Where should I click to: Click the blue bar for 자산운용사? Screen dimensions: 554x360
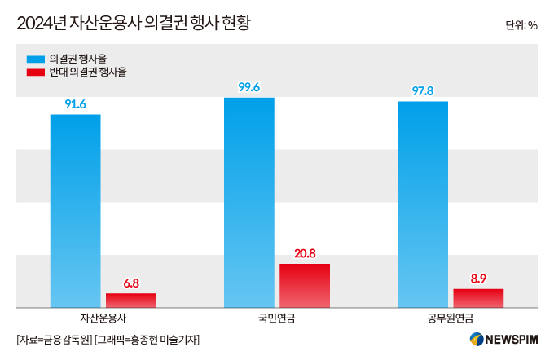pyautogui.click(x=75, y=211)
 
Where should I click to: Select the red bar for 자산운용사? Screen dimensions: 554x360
pyautogui.click(x=131, y=301)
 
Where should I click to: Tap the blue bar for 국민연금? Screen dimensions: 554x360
pyautogui.click(x=249, y=203)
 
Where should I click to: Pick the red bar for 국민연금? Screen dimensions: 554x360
pyautogui.click(x=305, y=286)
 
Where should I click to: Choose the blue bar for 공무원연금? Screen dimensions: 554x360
pyautogui.click(x=423, y=204)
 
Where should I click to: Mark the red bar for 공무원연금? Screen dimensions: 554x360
pyautogui.click(x=478, y=298)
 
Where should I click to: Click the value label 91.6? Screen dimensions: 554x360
pyautogui.click(x=75, y=104)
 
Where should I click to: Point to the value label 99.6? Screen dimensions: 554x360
pyautogui.click(x=249, y=87)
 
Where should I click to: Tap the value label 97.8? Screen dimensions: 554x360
pyautogui.click(x=423, y=91)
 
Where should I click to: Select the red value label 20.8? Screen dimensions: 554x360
pyautogui.click(x=305, y=253)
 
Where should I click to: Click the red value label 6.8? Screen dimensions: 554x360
pyautogui.click(x=131, y=283)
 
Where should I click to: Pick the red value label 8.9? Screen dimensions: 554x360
pyautogui.click(x=478, y=279)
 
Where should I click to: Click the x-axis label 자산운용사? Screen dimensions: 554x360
pyautogui.click(x=103, y=318)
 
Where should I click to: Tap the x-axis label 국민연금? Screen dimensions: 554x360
pyautogui.click(x=277, y=318)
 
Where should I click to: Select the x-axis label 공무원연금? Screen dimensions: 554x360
pyautogui.click(x=451, y=318)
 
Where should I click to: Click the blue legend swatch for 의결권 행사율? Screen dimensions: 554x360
pyautogui.click(x=36, y=59)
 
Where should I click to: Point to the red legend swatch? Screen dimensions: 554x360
pyautogui.click(x=36, y=72)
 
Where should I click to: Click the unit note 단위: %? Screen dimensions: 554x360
pyautogui.click(x=521, y=25)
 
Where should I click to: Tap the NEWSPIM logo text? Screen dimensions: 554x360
pyautogui.click(x=512, y=340)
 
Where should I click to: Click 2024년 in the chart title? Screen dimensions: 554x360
pyautogui.click(x=42, y=24)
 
